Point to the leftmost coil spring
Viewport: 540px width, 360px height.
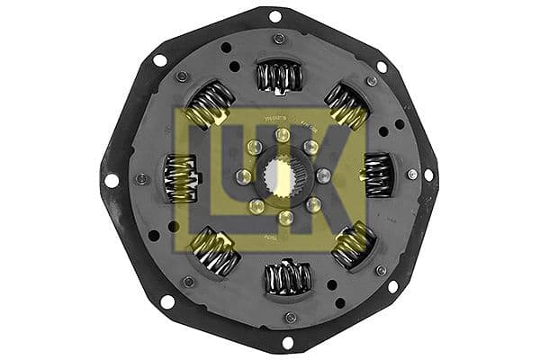click(x=182, y=176)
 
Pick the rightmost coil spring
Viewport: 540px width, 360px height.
click(x=379, y=173)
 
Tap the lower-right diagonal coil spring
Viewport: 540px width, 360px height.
click(x=354, y=245)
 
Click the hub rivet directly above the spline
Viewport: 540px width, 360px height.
click(x=282, y=135)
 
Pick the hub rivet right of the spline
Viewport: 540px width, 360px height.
click(x=323, y=175)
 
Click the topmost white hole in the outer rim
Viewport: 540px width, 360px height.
click(x=274, y=16)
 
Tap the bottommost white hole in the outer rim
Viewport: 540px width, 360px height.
click(x=287, y=342)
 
